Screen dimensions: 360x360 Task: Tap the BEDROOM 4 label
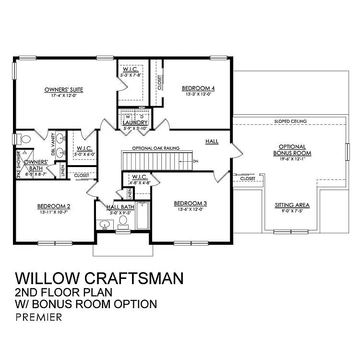tap(198, 88)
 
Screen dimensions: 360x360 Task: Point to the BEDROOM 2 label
tap(54, 206)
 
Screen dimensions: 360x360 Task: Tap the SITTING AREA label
tap(292, 205)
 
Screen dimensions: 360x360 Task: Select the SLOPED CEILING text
tap(290, 121)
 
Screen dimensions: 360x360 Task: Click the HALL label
tap(212, 142)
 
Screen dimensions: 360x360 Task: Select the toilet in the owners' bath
tap(24, 139)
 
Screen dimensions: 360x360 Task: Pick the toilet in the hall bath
tap(123, 221)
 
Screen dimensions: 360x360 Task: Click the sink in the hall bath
tap(105, 224)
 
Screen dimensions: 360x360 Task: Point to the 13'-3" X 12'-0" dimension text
tap(198, 94)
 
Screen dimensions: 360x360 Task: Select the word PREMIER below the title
tap(38, 317)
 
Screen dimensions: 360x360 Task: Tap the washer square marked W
tap(128, 116)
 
